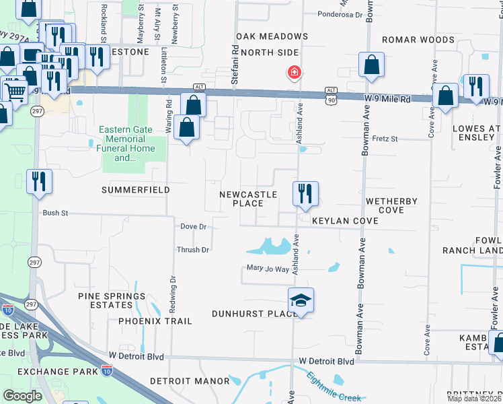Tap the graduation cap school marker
pyautogui.click(x=301, y=301)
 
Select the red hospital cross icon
pyautogui.click(x=294, y=72)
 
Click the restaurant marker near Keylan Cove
pyautogui.click(x=305, y=194)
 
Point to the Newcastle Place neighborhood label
pyautogui.click(x=248, y=199)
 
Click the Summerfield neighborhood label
pyautogui.click(x=135, y=191)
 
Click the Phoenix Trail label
pyautogui.click(x=155, y=321)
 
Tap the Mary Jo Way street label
pyautogui.click(x=268, y=269)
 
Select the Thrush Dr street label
pyautogui.click(x=193, y=250)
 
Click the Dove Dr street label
pyautogui.click(x=193, y=227)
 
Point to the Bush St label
pyautogui.click(x=56, y=213)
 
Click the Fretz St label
pyautogui.click(x=385, y=139)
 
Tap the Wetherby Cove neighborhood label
pyautogui.click(x=391, y=205)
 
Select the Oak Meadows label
pyautogui.click(x=272, y=36)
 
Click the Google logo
pyautogui.click(x=22, y=395)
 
